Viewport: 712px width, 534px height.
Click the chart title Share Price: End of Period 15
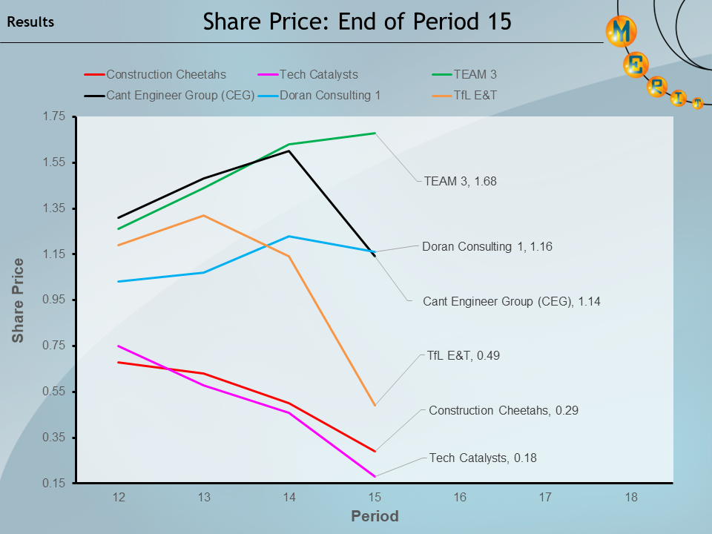click(x=357, y=22)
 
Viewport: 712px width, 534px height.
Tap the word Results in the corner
click(x=30, y=22)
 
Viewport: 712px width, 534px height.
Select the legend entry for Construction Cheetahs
click(x=165, y=74)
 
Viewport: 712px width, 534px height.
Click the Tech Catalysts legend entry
click(x=318, y=74)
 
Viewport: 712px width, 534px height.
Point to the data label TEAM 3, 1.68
click(x=460, y=180)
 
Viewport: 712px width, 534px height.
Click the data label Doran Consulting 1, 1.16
click(x=487, y=246)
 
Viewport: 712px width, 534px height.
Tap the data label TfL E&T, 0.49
click(x=464, y=355)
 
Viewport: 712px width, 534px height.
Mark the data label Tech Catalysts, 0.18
click(x=483, y=458)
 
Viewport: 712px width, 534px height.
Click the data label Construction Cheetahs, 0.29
click(x=493, y=410)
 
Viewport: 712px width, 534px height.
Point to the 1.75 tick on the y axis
click(x=56, y=116)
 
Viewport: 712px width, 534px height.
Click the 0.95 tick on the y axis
click(x=56, y=300)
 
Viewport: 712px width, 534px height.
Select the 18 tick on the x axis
click(x=630, y=498)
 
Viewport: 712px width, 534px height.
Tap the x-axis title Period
click(x=375, y=516)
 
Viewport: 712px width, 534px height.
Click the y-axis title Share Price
click(x=18, y=300)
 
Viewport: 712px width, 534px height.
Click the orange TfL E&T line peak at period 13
click(x=204, y=216)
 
